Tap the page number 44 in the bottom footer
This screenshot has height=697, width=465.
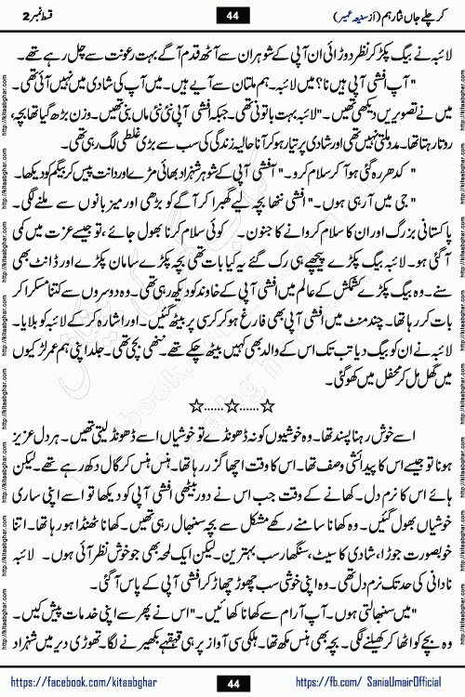click(232, 681)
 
